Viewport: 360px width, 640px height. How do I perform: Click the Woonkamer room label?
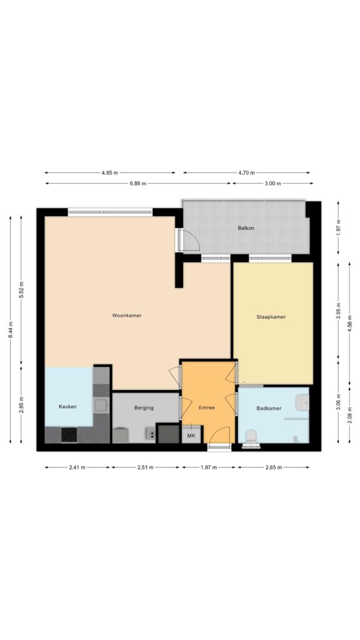pos(127,316)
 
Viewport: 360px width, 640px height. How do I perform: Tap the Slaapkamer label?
pos(271,317)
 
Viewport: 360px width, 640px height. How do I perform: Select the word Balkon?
pos(246,228)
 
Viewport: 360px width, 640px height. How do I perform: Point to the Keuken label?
pos(67,407)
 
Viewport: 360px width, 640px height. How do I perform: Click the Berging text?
pos(144,408)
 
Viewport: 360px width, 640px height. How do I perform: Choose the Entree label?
pos(206,408)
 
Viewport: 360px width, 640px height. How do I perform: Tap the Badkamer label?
pos(269,408)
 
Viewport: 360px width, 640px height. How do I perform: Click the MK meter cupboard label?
pos(191,435)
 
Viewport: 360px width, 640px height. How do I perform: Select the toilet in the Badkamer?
pos(252,436)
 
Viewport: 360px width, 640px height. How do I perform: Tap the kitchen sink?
pos(100,406)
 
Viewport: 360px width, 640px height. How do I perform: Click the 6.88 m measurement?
pos(138,183)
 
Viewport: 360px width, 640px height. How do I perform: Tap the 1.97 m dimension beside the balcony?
pos(338,227)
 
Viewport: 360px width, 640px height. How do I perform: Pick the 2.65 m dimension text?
pos(272,467)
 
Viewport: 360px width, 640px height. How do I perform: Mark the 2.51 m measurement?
pos(145,467)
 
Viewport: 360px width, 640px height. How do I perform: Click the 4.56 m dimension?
pos(350,324)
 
